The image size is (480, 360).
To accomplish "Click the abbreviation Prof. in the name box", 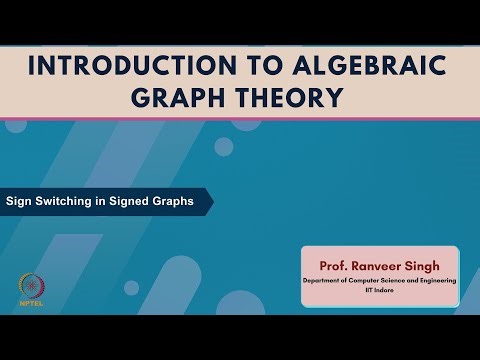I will (334, 267).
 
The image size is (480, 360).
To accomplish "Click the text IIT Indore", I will (380, 293).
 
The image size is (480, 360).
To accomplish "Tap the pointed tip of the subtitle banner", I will (212, 200).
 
